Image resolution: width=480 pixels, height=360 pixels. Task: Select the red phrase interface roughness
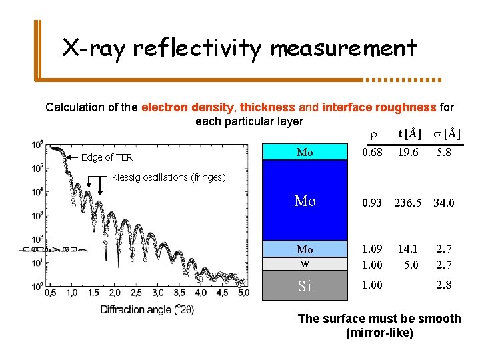click(x=379, y=107)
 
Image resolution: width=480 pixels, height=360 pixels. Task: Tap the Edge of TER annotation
click(x=107, y=158)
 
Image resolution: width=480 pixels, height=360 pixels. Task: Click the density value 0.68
click(x=371, y=153)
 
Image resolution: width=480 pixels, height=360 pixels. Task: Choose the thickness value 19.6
click(x=407, y=153)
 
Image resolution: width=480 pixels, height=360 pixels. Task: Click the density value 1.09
click(x=371, y=249)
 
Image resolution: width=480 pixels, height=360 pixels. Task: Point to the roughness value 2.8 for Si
click(x=444, y=285)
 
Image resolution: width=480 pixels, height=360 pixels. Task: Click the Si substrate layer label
click(x=305, y=287)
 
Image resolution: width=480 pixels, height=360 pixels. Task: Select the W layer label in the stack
click(x=305, y=265)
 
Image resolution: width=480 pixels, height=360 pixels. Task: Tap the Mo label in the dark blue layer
click(x=305, y=201)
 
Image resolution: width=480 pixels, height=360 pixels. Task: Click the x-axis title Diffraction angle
click(x=147, y=309)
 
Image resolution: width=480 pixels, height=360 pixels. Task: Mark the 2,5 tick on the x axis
click(x=136, y=292)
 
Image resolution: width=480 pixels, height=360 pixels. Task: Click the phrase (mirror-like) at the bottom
click(x=379, y=333)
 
